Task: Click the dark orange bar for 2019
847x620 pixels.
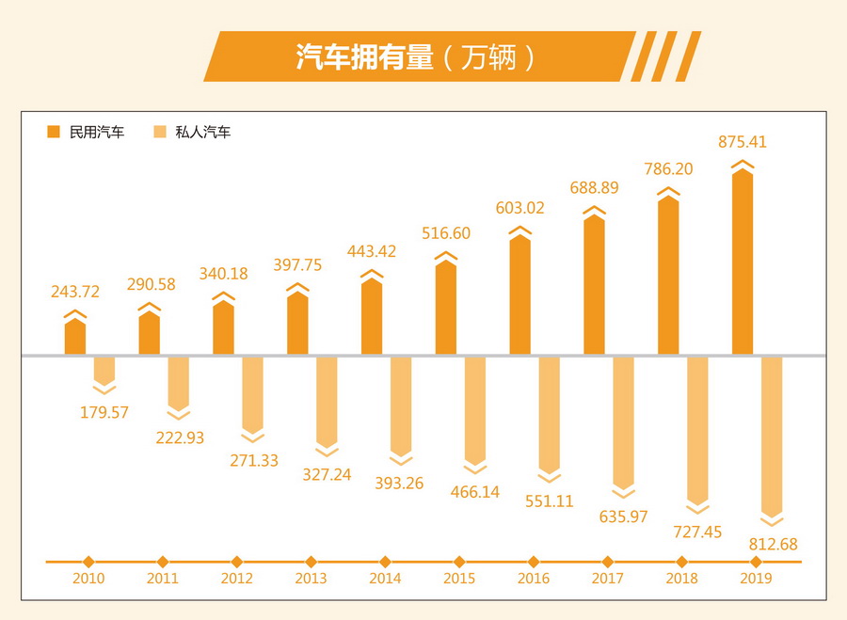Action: click(743, 263)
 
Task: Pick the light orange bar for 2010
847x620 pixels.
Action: click(104, 370)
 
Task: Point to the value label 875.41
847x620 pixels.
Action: click(743, 143)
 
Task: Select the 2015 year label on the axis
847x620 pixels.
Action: click(458, 579)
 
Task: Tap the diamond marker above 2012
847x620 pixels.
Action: click(236, 562)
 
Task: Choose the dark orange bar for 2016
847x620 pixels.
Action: click(520, 296)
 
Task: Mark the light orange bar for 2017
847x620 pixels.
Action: click(624, 421)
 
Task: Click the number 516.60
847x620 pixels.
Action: click(446, 233)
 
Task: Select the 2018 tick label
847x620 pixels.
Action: click(681, 579)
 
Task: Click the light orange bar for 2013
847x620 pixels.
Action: click(327, 400)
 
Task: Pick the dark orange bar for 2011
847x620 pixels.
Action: click(149, 333)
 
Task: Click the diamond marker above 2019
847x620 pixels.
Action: click(756, 562)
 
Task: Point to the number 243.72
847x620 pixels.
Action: click(75, 292)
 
